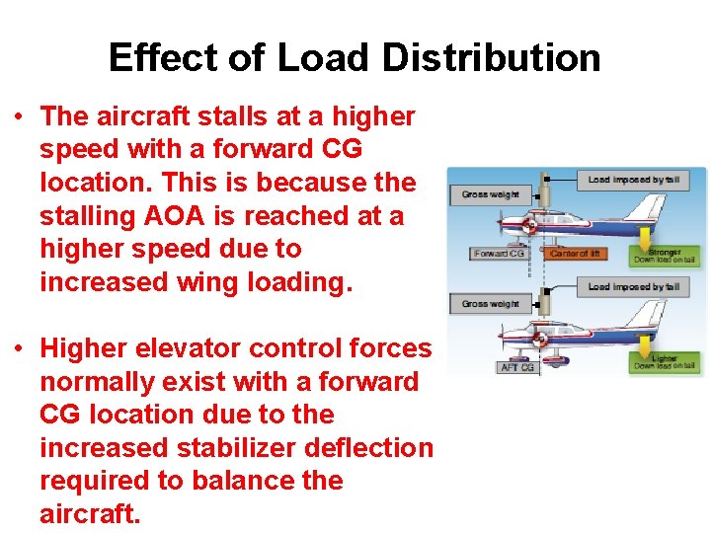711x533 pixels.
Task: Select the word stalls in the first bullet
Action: [221, 116]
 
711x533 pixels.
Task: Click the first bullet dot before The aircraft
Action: [19, 116]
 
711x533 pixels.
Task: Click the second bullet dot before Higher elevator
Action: [19, 348]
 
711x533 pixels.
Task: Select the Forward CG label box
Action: [499, 254]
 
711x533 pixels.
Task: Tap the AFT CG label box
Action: [516, 367]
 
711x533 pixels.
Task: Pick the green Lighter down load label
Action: [666, 362]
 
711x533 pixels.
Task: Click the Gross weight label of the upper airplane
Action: [490, 194]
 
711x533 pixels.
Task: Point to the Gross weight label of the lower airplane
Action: [490, 303]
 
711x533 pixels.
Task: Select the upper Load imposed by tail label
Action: [632, 180]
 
